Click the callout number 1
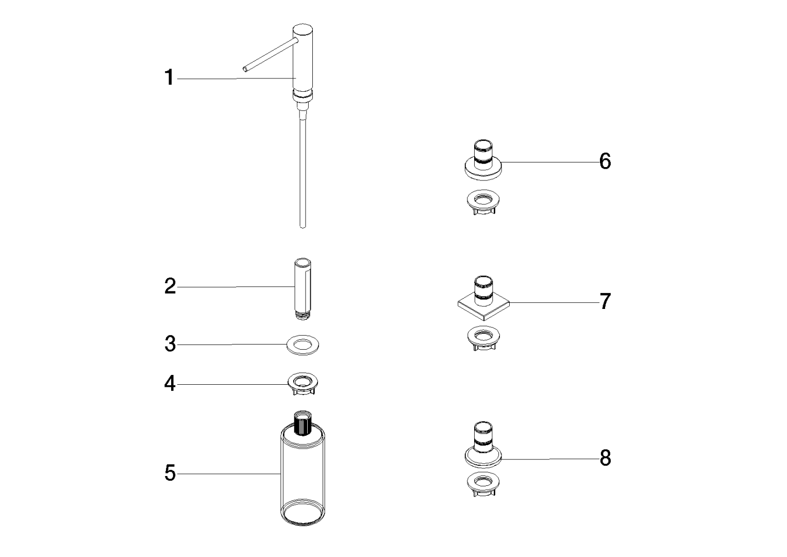point(170,77)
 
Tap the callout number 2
point(170,286)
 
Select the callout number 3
point(170,344)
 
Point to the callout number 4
point(170,384)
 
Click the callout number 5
point(170,473)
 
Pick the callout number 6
point(605,161)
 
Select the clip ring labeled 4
point(303,384)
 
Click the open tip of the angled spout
point(245,69)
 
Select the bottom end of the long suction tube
point(303,227)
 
